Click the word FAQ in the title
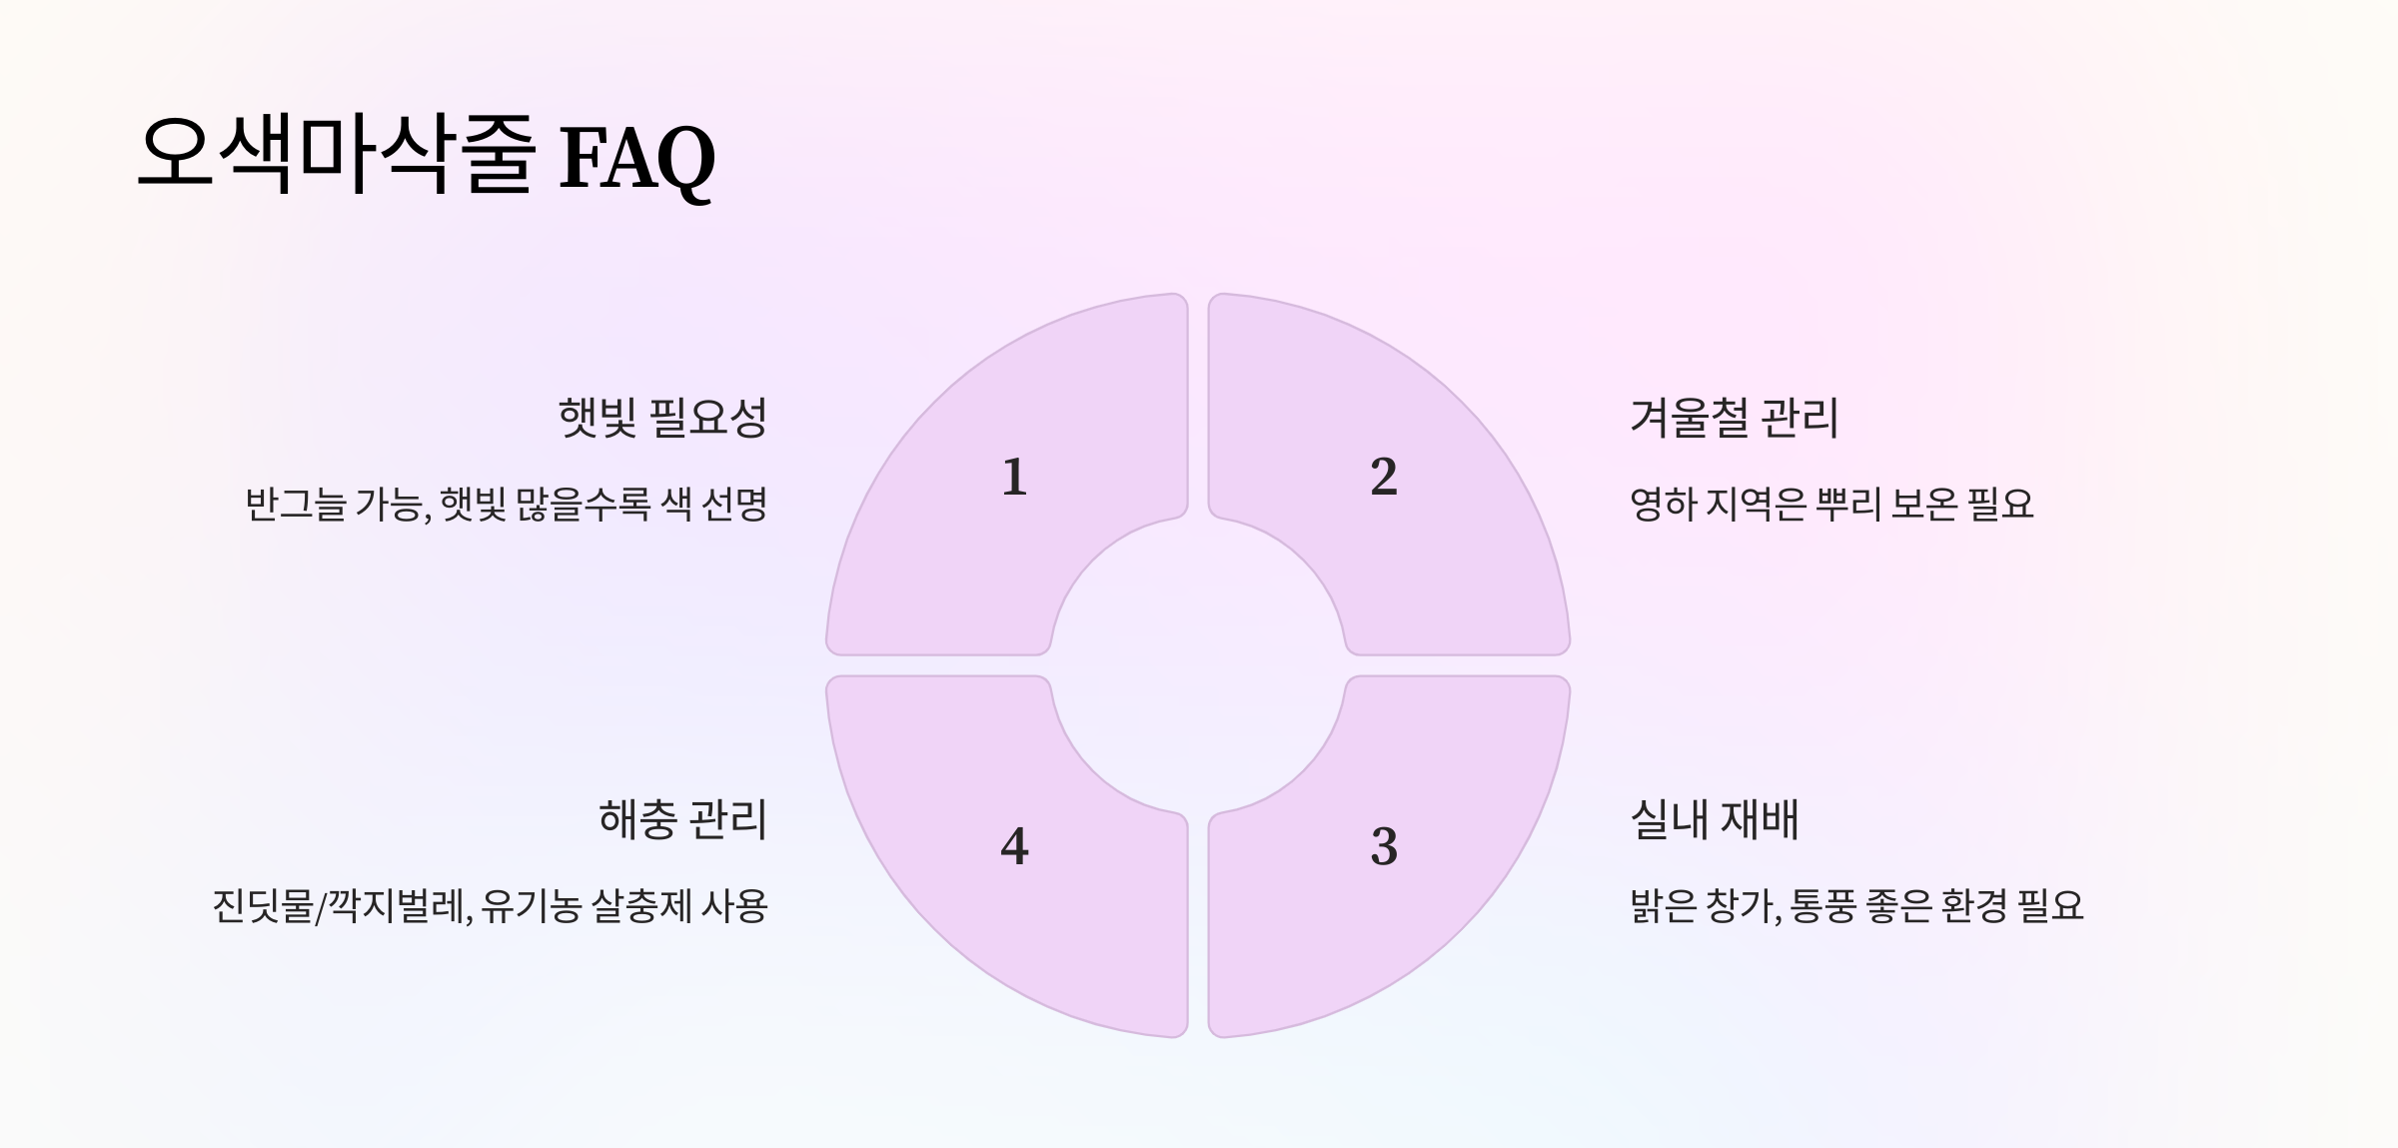click(636, 158)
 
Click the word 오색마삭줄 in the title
click(336, 155)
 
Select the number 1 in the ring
click(1014, 477)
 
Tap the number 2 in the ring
click(1384, 477)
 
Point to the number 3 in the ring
click(1384, 846)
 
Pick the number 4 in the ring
click(1014, 846)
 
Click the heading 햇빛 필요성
click(662, 418)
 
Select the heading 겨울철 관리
click(1734, 418)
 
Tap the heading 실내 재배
click(1714, 820)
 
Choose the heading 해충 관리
click(682, 820)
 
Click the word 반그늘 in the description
click(296, 505)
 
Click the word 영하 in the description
click(1664, 505)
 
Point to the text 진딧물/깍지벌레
click(340, 907)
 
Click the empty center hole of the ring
click(1198, 665)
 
